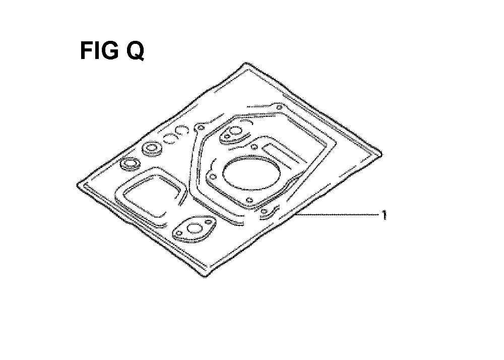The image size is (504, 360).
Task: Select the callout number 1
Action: click(x=384, y=215)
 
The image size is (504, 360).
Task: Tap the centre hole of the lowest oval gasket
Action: click(x=194, y=229)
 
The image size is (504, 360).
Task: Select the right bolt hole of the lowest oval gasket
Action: click(x=209, y=222)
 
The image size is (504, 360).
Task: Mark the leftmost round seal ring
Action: click(x=130, y=164)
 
